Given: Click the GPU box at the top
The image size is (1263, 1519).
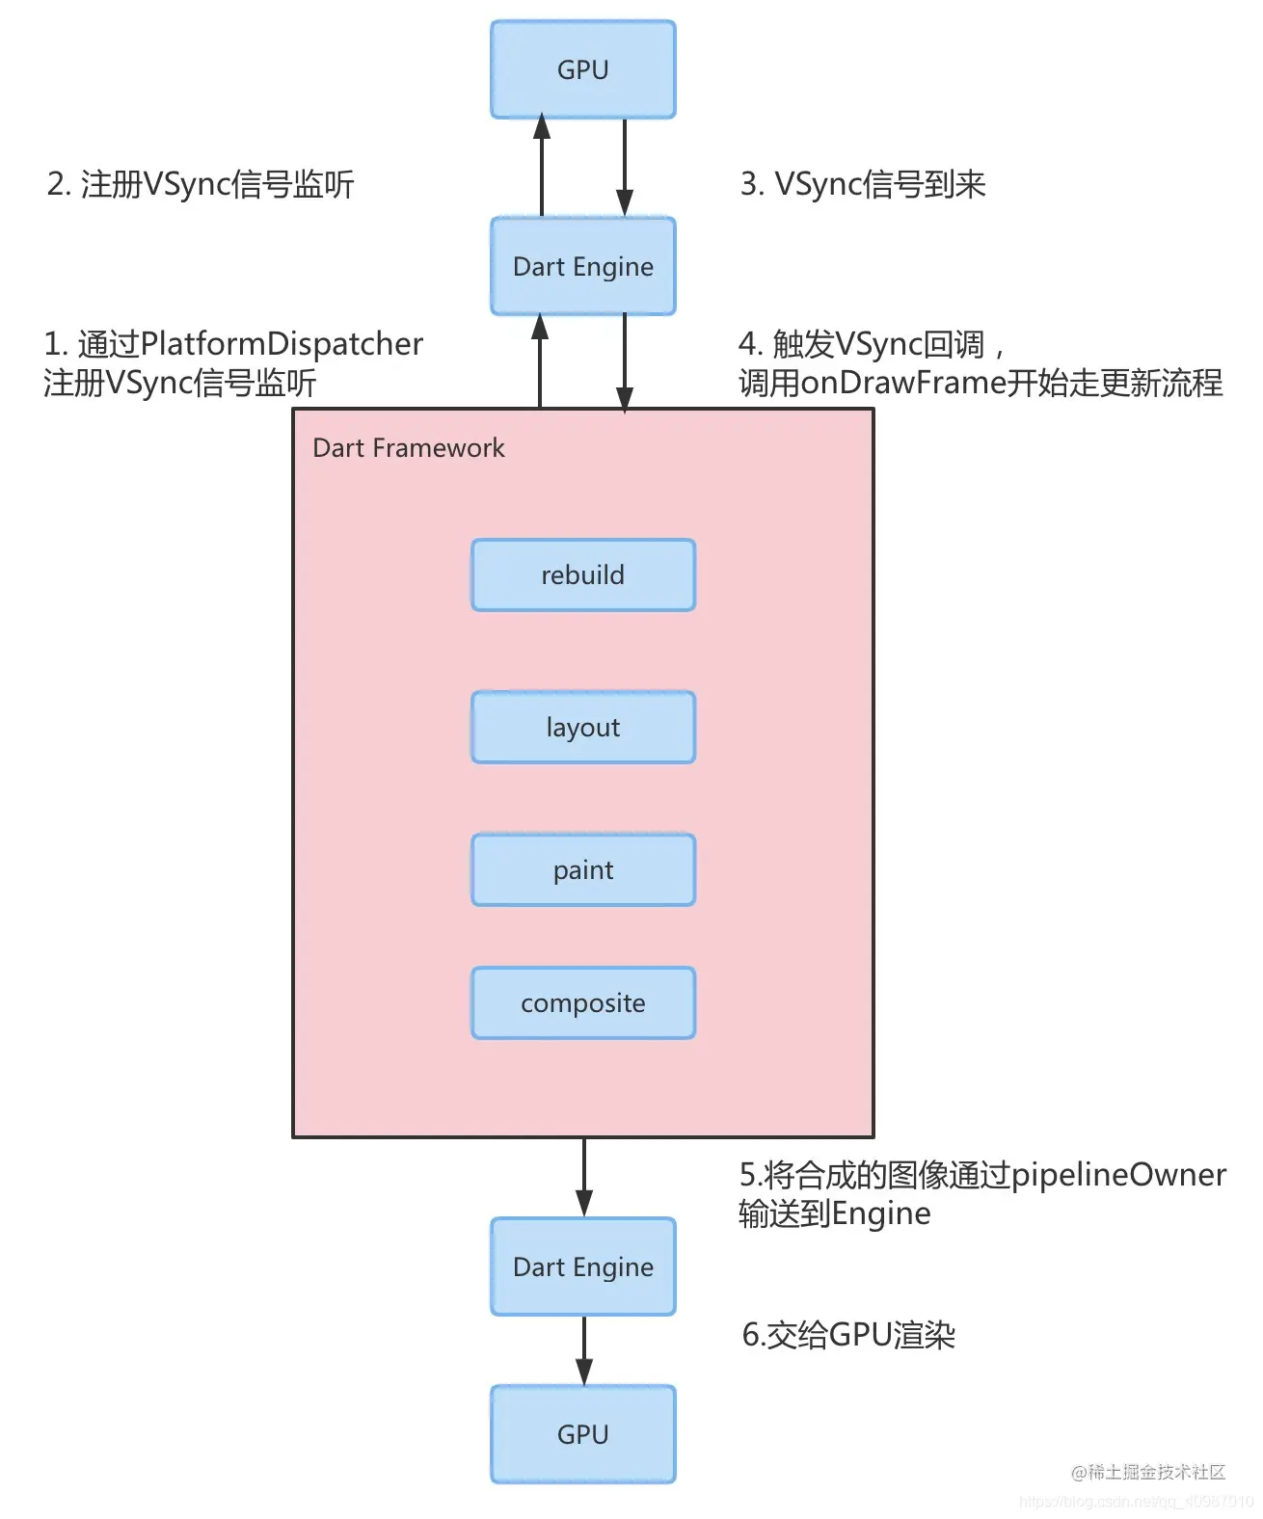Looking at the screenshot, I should [582, 70].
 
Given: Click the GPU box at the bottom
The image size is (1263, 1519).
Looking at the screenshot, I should [582, 1433].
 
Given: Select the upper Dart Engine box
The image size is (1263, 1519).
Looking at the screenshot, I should [582, 266].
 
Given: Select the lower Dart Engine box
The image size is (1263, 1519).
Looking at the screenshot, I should [582, 1266].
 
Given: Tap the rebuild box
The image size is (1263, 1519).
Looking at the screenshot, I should [582, 575].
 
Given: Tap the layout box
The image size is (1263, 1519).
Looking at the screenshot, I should [582, 728].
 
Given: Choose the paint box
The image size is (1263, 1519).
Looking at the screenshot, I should [582, 870].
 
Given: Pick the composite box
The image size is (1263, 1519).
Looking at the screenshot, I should [582, 1003].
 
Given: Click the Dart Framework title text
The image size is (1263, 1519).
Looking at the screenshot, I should [408, 448].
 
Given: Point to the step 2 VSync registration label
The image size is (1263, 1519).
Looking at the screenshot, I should [201, 184].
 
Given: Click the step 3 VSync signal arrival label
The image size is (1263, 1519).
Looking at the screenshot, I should [862, 184].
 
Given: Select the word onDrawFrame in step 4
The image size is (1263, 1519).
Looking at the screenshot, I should [902, 384].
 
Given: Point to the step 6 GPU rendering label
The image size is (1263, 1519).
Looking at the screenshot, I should [847, 1336].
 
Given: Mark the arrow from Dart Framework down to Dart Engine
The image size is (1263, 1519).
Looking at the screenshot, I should [583, 1177].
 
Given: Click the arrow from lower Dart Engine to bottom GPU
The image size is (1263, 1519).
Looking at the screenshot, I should [583, 1349].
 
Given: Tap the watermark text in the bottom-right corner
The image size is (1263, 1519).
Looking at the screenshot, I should [1147, 1473].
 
